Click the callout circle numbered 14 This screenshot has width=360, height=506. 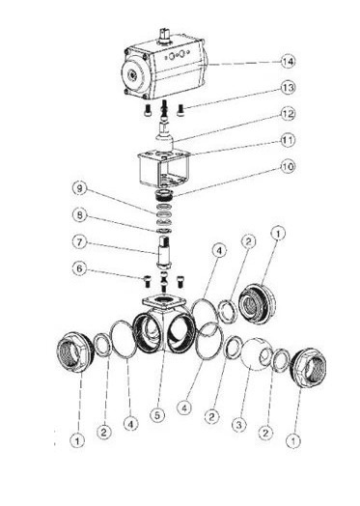coord(288,61)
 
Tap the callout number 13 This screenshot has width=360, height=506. coord(288,88)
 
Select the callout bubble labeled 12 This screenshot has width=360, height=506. coord(288,114)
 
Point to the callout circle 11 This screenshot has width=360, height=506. coord(288,140)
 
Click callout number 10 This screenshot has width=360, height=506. coord(288,167)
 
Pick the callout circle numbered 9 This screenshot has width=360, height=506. coord(79,189)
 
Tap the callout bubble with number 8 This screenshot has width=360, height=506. coord(79,215)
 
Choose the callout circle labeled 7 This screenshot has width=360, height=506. coord(79,242)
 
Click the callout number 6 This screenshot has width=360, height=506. coord(79,268)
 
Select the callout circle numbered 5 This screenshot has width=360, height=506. coord(157,415)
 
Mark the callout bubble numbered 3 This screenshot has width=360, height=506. coord(238,425)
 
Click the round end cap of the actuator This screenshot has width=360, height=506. coord(135,75)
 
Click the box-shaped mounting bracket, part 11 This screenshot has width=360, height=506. coord(163,169)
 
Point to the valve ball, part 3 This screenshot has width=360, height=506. coord(257,354)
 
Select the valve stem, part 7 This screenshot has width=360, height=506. coord(164,252)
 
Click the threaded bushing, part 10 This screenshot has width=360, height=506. coord(164,195)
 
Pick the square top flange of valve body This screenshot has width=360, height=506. coord(164,302)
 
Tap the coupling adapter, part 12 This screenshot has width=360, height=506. coord(164,136)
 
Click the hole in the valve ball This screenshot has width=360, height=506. coord(265,356)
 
